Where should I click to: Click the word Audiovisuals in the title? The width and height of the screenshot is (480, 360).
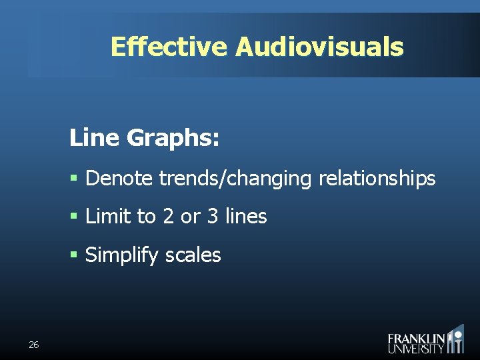click(319, 47)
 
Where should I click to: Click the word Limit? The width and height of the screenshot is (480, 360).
click(107, 217)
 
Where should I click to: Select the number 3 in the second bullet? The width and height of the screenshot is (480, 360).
click(211, 217)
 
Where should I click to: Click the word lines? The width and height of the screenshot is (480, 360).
click(245, 217)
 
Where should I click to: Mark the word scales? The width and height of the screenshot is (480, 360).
click(193, 255)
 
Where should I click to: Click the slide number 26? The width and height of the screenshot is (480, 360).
click(34, 345)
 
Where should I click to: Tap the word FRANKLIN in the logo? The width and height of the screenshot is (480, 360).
click(417, 338)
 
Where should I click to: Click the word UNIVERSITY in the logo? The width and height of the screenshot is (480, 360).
click(417, 348)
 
